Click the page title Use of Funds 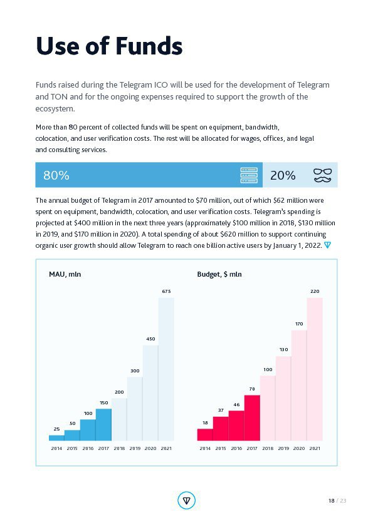109,46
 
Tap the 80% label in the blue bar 56,175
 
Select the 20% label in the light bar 283,175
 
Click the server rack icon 249,175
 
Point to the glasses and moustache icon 322,175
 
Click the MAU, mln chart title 65,274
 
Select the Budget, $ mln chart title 219,274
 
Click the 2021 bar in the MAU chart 166,369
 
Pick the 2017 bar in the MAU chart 103,424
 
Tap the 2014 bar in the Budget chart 205,434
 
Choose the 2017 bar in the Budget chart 252,417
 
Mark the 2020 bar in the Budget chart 299,386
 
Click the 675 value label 166,292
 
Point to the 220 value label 315,292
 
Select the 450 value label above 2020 150,339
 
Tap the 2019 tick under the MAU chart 135,448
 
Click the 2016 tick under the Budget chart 236,448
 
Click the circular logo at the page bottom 187,501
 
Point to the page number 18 332,501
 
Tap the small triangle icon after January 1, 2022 327,245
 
